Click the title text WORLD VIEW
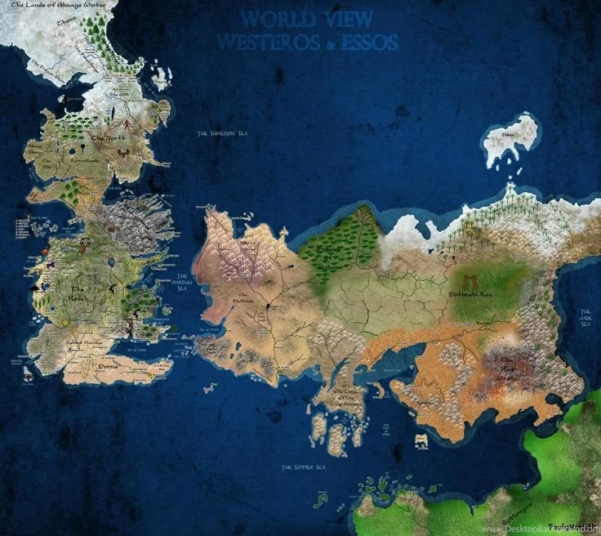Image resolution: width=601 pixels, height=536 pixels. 308,20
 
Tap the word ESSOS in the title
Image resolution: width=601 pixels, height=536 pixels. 366,42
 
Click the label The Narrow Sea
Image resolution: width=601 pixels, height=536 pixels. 183,283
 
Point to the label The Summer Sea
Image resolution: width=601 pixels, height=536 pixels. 303,467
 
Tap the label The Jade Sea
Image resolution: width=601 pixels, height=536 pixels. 585,319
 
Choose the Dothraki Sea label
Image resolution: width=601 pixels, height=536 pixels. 471,293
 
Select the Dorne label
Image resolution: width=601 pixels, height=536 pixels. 109,366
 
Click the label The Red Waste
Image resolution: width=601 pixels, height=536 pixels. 514,368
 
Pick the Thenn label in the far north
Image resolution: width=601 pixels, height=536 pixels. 65,24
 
